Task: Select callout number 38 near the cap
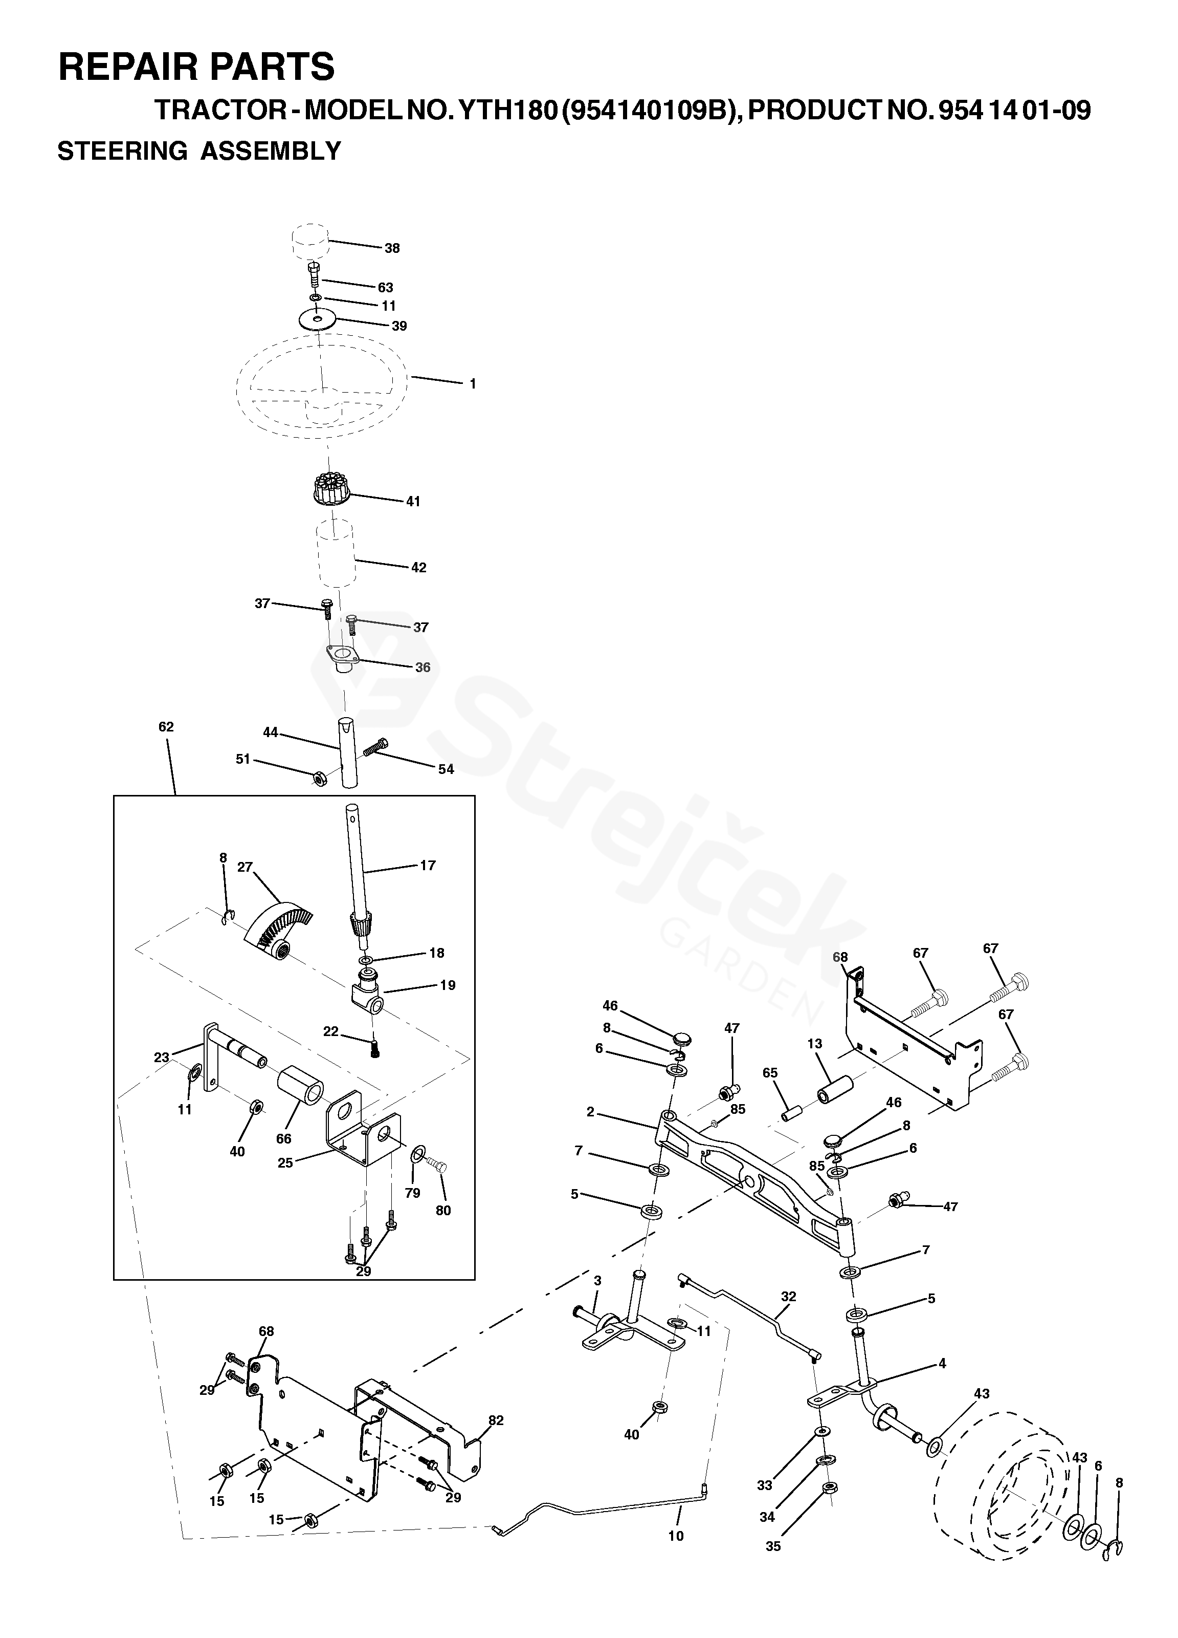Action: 392,248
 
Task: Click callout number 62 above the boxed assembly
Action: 166,726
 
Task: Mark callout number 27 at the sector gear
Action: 246,866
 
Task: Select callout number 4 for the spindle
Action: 942,1364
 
